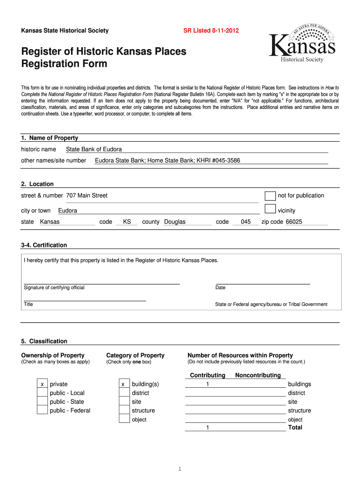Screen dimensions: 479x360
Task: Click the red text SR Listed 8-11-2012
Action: (210, 31)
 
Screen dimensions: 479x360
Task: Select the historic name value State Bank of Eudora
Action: (94, 149)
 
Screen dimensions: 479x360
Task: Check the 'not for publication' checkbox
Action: (270, 196)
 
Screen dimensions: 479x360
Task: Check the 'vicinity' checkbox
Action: (270, 209)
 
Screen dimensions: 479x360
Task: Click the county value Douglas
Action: (174, 222)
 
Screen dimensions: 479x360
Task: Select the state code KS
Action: (127, 222)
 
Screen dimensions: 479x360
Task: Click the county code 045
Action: (246, 222)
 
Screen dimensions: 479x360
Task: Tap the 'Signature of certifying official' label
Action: (54, 288)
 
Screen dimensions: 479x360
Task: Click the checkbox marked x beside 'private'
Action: (43, 385)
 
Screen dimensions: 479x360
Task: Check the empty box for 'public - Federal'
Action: (43, 411)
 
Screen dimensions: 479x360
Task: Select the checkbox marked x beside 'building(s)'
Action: (123, 385)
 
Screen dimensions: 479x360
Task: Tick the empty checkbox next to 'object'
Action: (123, 419)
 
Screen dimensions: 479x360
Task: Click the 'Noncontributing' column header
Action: (258, 375)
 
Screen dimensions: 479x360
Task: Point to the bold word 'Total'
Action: (295, 428)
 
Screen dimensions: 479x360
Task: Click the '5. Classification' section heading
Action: (44, 341)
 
